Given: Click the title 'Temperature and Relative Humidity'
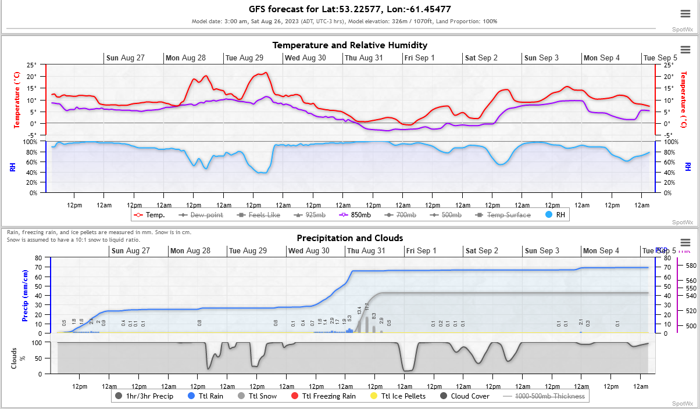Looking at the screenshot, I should pyautogui.click(x=350, y=45).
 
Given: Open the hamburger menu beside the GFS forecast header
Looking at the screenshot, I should pyautogui.click(x=685, y=14).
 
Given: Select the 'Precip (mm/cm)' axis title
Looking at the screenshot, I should pyautogui.click(x=25, y=296).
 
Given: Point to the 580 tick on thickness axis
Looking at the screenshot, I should pyautogui.click(x=691, y=266).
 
